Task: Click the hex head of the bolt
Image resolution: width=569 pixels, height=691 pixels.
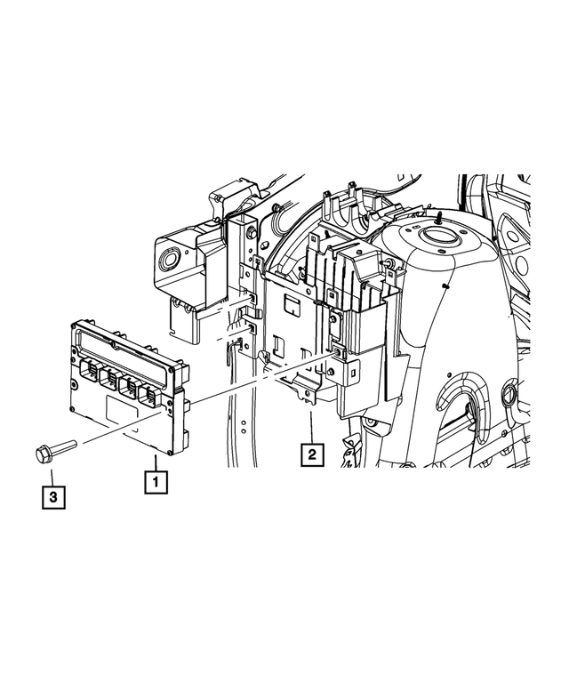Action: point(44,454)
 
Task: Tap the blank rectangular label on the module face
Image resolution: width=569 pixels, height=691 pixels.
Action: point(122,412)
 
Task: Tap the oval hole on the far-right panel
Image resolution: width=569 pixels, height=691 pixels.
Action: point(510,392)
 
